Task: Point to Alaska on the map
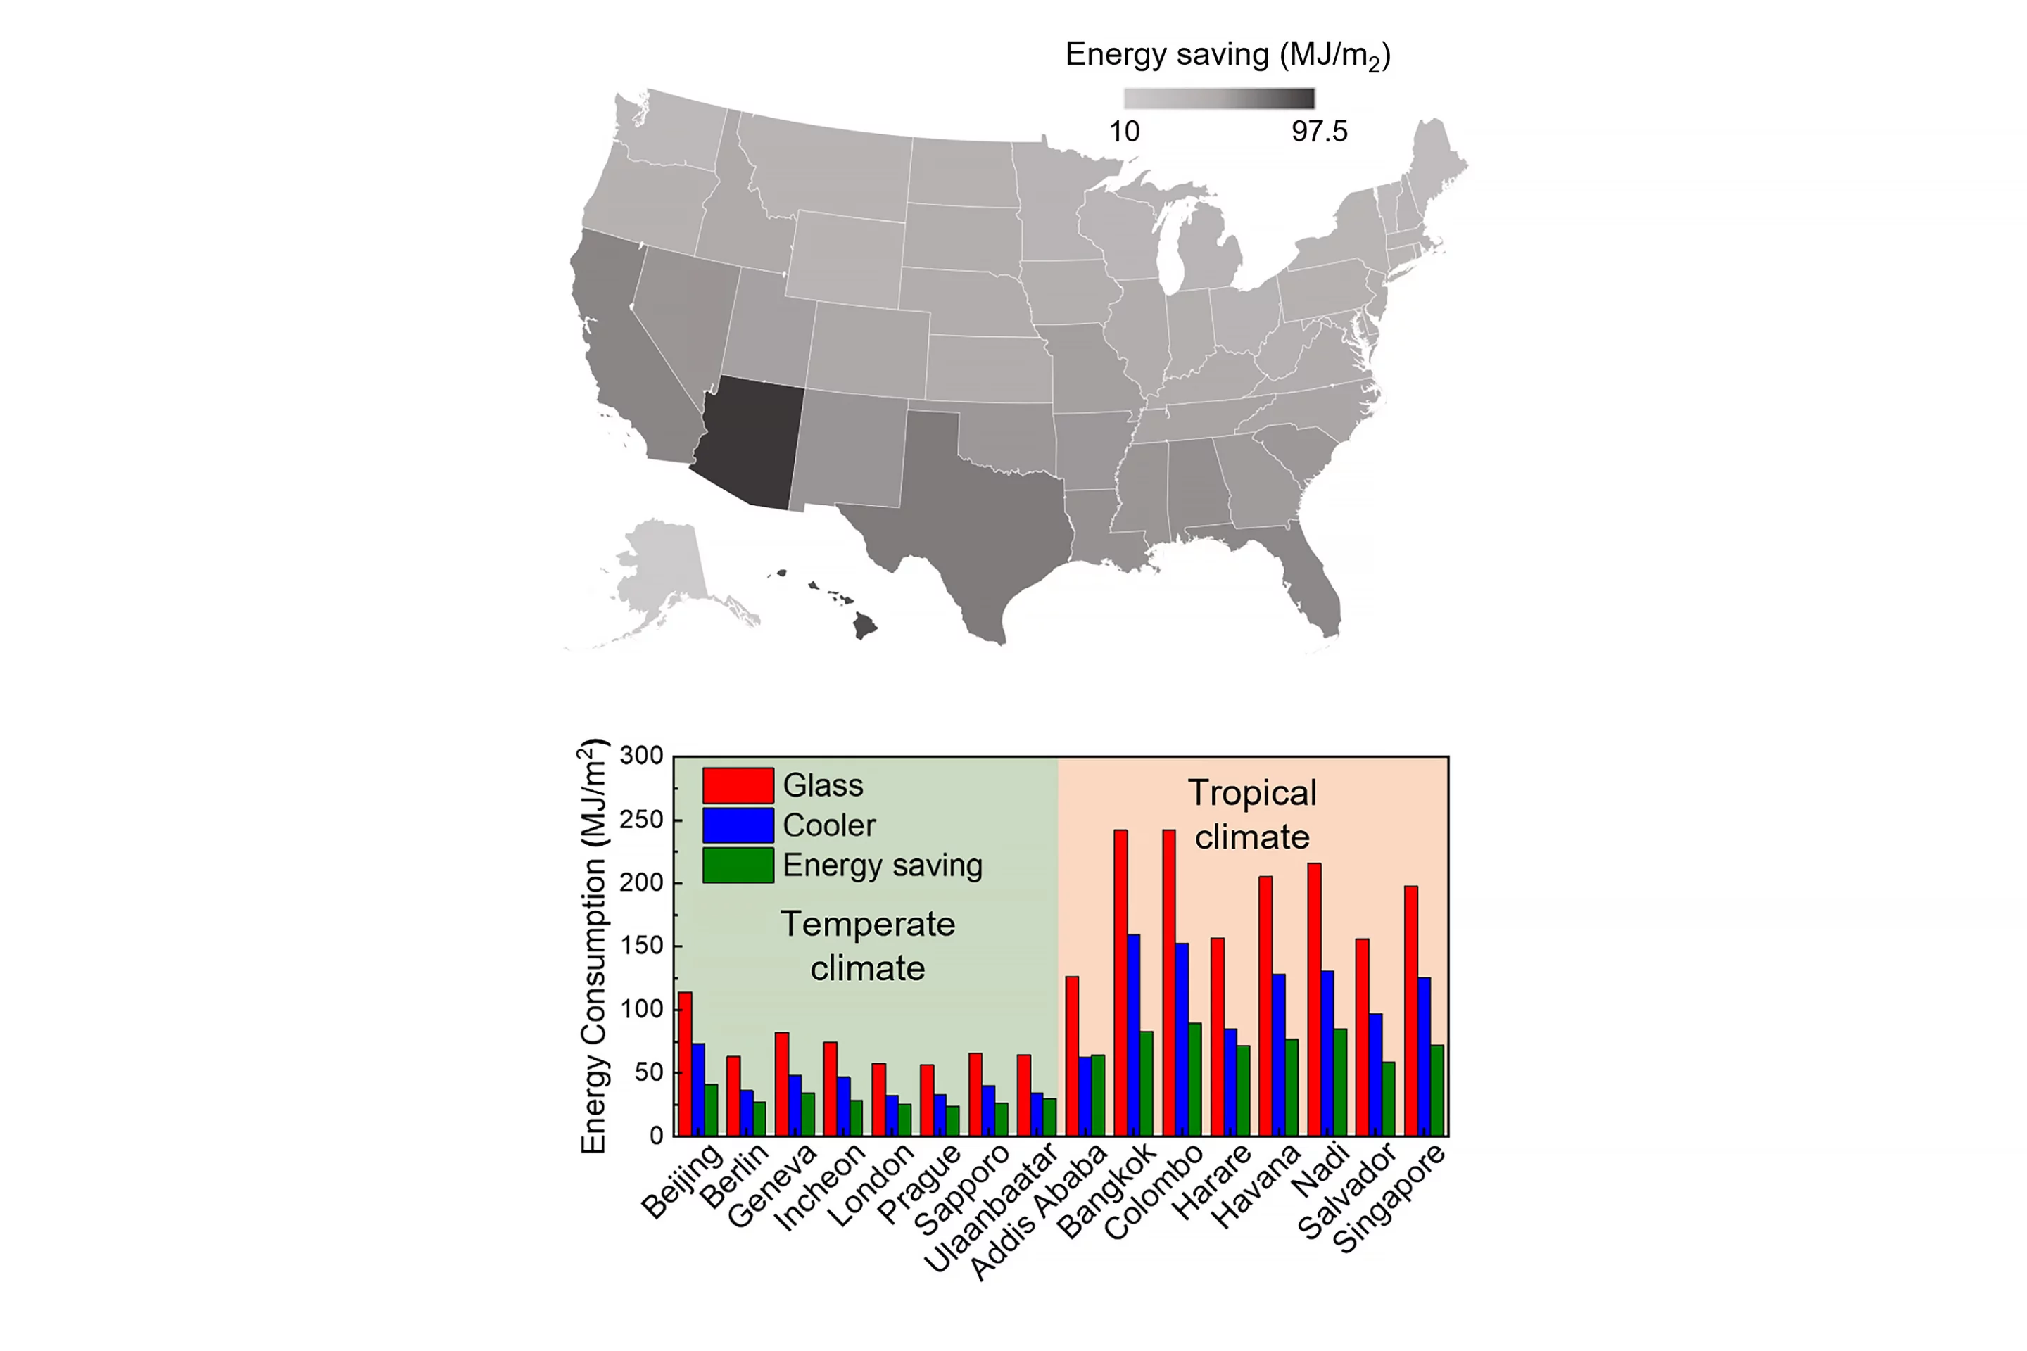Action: (x=664, y=569)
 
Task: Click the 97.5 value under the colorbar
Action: (x=1318, y=132)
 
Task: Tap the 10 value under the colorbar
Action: (x=1124, y=132)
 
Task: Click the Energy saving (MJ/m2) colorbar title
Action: (x=1227, y=55)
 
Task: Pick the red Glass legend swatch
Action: (x=738, y=785)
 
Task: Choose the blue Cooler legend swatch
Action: (x=738, y=825)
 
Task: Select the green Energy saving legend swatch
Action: (x=738, y=865)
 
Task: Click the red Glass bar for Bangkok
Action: (x=1120, y=982)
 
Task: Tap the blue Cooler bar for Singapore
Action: (x=1425, y=1055)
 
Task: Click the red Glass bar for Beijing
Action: (x=685, y=1064)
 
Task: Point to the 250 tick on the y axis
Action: (x=641, y=819)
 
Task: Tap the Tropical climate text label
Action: (x=1251, y=814)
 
